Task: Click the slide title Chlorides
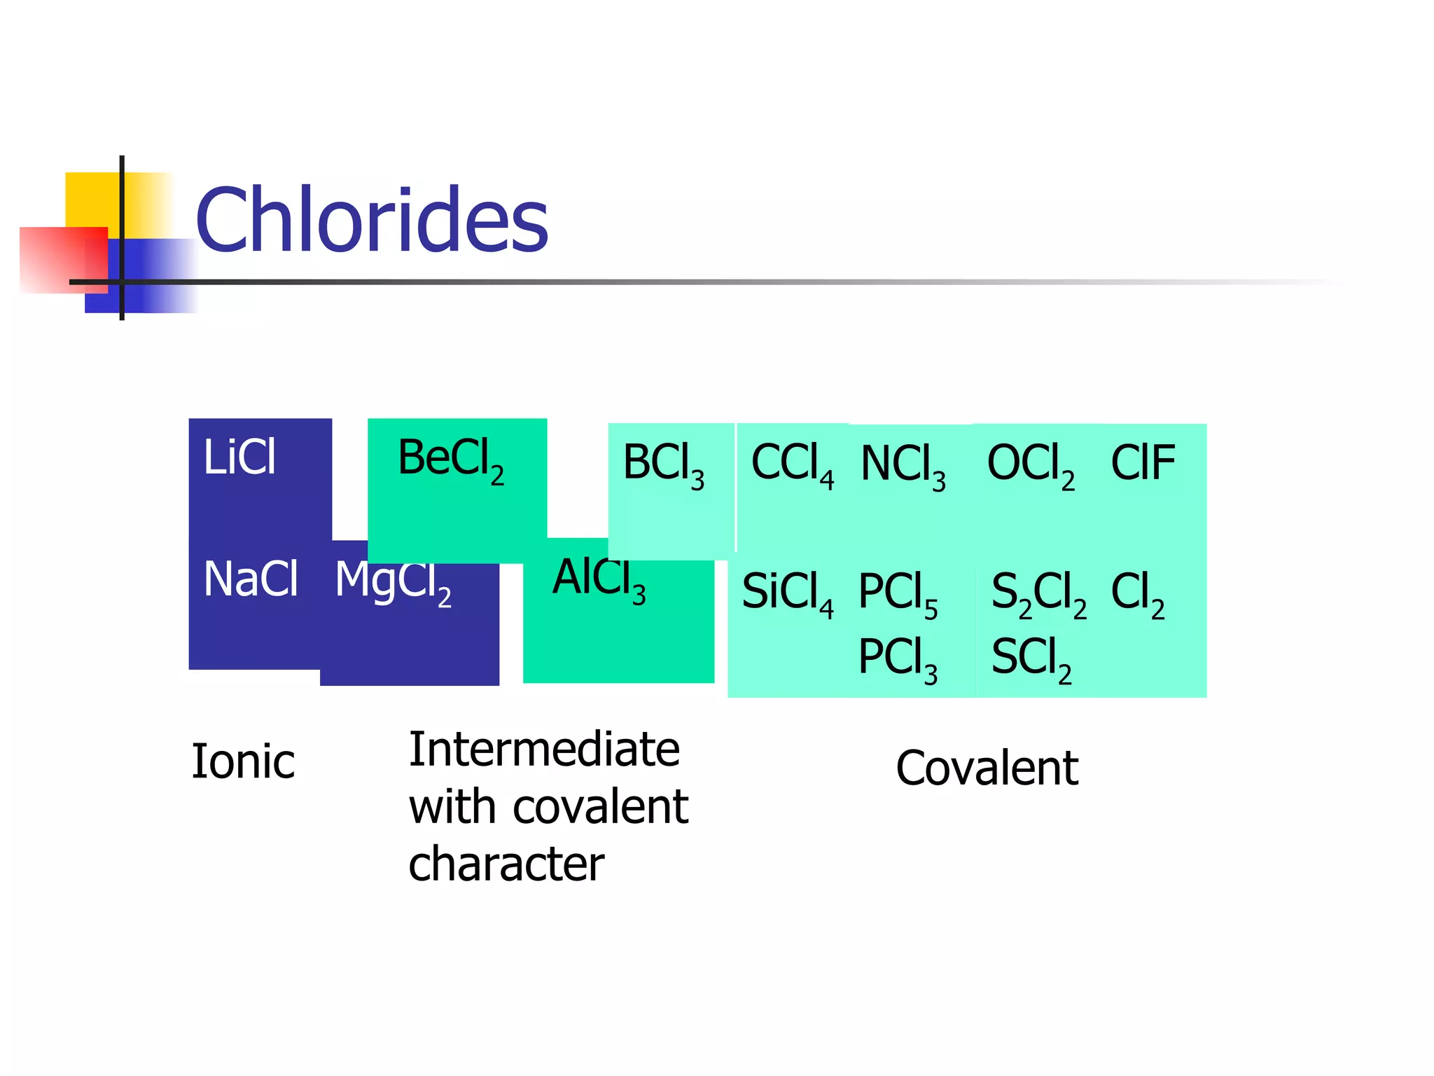(371, 220)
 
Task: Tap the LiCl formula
(239, 457)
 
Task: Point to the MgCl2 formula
(392, 583)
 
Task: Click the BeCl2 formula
(450, 460)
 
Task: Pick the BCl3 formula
(663, 464)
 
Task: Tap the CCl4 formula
(792, 464)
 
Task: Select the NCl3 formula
(903, 466)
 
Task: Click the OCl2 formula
(1030, 466)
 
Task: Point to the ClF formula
(1143, 463)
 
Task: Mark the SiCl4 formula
(787, 593)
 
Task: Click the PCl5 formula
(898, 593)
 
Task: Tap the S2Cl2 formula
(1038, 593)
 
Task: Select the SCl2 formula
(1031, 658)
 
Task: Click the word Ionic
(243, 761)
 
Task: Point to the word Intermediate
(544, 750)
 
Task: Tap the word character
(506, 864)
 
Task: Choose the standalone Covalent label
(987, 768)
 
